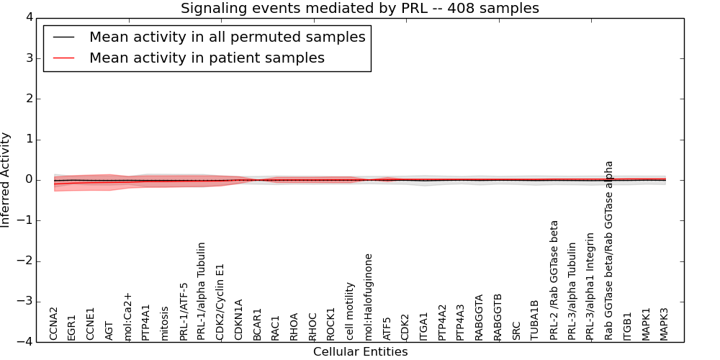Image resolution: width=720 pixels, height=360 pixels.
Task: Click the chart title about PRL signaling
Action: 359,9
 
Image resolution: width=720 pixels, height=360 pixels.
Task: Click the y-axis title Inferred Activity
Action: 6,180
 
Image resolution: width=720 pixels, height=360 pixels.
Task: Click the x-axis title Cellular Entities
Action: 360,351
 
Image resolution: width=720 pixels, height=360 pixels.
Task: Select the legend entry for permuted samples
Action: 227,37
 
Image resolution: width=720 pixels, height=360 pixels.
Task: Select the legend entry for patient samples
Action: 207,58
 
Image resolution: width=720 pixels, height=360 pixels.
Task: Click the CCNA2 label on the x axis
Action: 54,323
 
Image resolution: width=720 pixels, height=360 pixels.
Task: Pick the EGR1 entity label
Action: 72,327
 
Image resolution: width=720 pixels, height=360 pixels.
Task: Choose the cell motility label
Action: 351,311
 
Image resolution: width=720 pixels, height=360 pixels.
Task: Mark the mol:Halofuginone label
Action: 369,297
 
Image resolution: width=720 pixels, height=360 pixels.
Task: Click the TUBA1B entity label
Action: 535,320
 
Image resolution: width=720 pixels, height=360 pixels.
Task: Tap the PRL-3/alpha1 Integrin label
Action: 590,286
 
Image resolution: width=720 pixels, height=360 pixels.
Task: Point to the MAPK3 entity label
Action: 665,324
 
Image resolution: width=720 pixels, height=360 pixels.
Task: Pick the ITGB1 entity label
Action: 628,325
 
